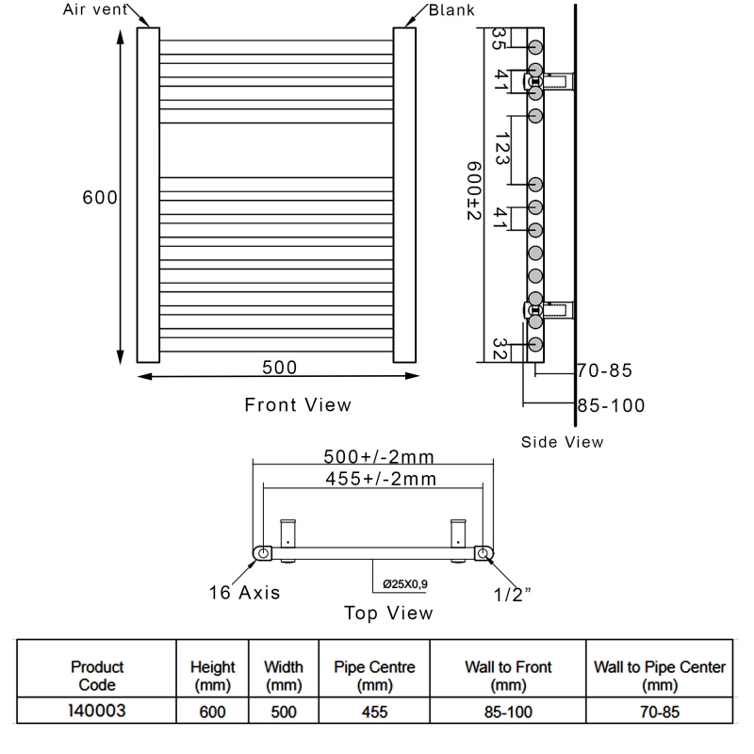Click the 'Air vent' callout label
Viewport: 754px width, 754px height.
pos(95,9)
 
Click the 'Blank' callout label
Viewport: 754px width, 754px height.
pos(451,10)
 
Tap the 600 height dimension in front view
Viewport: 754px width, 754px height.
pos(100,197)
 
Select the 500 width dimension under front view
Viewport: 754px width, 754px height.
pos(279,368)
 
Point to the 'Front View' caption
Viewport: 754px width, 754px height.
pos(298,405)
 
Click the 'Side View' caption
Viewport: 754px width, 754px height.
pos(562,442)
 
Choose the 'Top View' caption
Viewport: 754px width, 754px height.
pos(388,614)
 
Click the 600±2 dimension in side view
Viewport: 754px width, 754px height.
pos(474,191)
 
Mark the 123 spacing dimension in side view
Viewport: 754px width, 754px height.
pos(501,149)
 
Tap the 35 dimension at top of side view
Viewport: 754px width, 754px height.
pos(499,39)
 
